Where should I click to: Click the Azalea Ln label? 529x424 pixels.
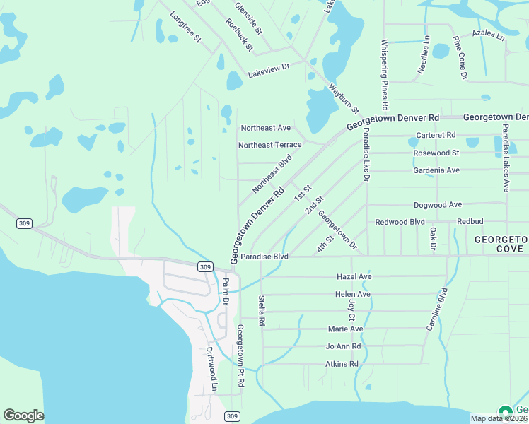488,33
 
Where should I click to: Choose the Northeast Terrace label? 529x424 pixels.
269,145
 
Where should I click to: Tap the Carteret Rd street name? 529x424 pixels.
436,135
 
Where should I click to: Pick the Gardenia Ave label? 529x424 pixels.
436,170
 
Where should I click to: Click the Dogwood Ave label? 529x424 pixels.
438,204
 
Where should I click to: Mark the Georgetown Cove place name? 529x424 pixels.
501,245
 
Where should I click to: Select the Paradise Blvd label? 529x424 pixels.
264,257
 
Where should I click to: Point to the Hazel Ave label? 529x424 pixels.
354,276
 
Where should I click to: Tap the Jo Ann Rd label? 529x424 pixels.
343,346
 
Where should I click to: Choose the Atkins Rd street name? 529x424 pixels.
342,364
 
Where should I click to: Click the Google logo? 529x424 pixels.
23,415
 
